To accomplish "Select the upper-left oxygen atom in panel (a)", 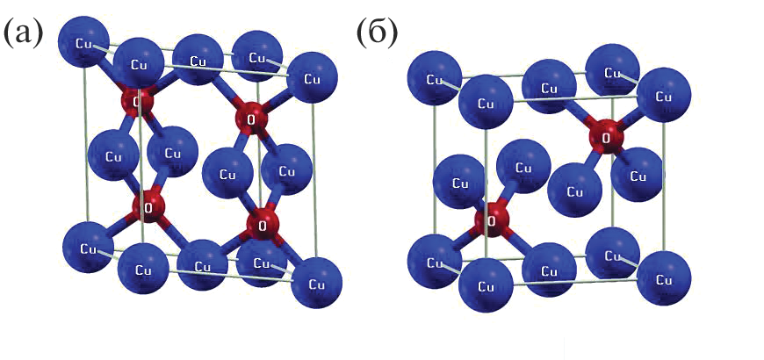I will click(137, 102).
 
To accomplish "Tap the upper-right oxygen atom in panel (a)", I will click(252, 118).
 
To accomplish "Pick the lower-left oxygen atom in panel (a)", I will click(148, 208).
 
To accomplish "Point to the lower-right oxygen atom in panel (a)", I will click(263, 222).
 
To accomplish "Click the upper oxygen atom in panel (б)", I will click(605, 135).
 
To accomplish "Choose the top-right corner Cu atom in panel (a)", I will click(311, 77).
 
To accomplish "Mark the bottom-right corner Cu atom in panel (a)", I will click(314, 284).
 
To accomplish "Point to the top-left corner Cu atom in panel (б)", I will click(434, 79).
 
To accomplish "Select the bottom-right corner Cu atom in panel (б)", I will click(663, 278).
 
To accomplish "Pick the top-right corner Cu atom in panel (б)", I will click(662, 94).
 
